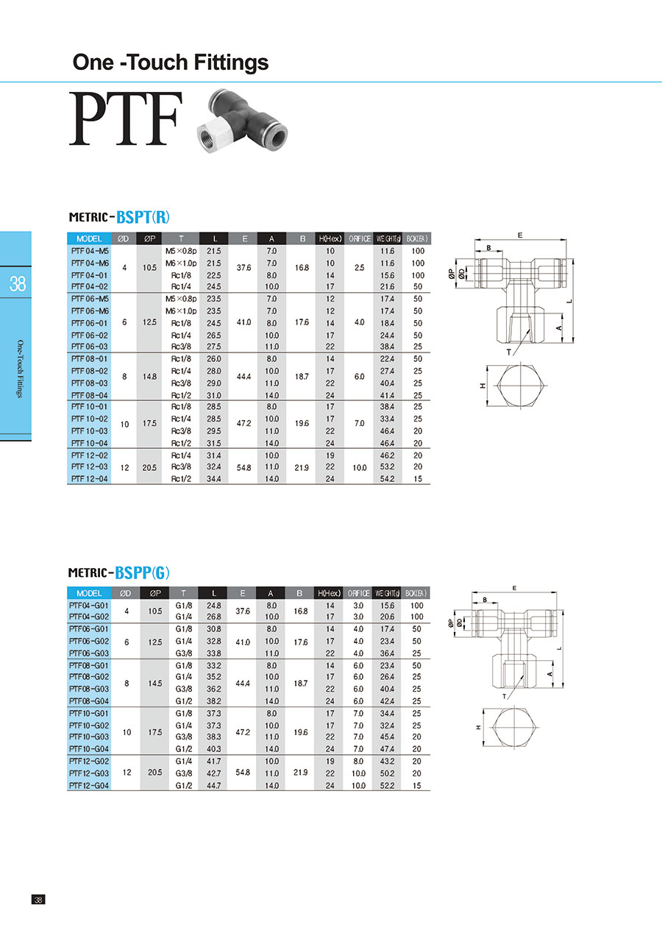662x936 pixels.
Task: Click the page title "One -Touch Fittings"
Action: point(171,63)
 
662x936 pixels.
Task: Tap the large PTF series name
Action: point(126,118)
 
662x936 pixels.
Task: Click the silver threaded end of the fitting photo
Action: point(212,136)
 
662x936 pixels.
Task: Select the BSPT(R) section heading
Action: point(143,217)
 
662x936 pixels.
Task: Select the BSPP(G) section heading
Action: point(142,572)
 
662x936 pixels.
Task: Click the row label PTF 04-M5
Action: point(90,251)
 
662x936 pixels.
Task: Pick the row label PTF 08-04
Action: point(90,395)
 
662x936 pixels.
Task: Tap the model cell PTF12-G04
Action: point(89,786)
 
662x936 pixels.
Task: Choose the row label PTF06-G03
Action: point(89,653)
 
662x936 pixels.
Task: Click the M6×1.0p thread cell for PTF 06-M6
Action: point(181,311)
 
